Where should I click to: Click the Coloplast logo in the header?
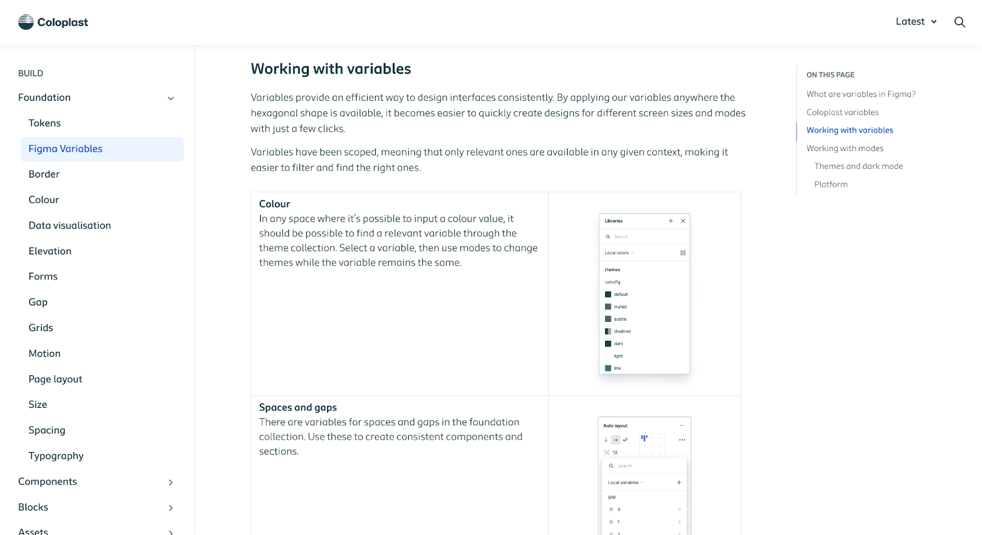53,22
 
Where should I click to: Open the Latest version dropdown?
916,21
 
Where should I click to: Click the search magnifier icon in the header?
960,22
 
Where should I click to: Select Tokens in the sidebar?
45,123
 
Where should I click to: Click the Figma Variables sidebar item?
66,149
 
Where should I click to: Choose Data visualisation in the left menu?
70,225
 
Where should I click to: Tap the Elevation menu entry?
50,251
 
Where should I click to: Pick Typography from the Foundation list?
56,456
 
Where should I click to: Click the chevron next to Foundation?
171,98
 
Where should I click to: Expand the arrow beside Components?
171,482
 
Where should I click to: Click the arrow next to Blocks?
171,508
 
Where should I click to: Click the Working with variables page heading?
331,69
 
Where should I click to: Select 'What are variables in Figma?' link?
861,94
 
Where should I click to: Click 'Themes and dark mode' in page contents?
859,166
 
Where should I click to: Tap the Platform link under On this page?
831,184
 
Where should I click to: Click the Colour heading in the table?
274,204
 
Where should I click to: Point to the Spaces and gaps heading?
298,407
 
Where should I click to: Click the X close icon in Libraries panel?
683,221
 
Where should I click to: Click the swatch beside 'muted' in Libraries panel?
608,307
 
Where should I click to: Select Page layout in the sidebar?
55,379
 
